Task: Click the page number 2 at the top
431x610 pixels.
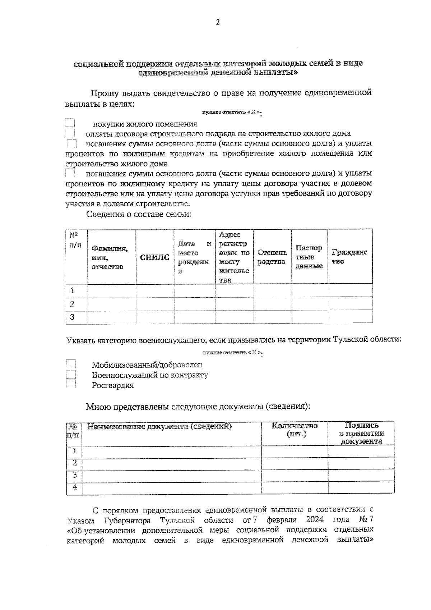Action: coord(217,23)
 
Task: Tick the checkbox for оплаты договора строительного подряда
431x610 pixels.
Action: coord(70,134)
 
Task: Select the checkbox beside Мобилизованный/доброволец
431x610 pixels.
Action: coord(71,364)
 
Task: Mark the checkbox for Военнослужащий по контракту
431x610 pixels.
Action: coord(71,375)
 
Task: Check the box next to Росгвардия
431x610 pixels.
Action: coord(71,385)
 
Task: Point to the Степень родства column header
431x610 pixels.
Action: coord(272,257)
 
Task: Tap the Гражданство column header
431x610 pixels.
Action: coord(349,257)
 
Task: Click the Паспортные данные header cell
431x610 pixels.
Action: coord(309,257)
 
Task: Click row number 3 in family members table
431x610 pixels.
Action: coord(72,317)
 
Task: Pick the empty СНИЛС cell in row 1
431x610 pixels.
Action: coord(155,290)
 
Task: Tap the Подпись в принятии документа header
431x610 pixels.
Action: coord(361,433)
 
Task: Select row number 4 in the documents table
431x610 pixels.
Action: coord(75,487)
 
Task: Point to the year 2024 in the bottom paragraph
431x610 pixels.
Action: coord(315,519)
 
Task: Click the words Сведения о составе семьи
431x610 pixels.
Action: coord(139,215)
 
